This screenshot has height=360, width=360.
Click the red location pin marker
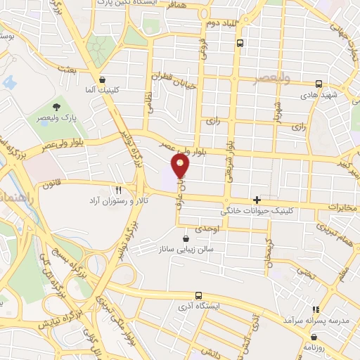(181, 167)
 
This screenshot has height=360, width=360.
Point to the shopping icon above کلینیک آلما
(103, 80)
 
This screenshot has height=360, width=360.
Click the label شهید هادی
(320, 94)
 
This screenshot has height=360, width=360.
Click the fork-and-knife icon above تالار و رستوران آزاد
(118, 190)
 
